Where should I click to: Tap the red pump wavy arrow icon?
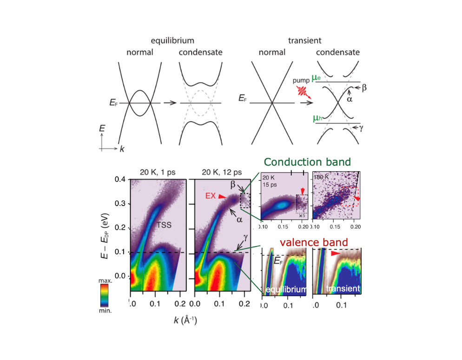pyautogui.click(x=303, y=91)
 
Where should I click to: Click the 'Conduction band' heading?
pyautogui.click(x=307, y=162)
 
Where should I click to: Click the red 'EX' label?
pyautogui.click(x=211, y=196)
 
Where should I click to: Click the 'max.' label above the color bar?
pyautogui.click(x=106, y=281)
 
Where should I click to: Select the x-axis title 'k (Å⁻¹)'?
pyautogui.click(x=184, y=320)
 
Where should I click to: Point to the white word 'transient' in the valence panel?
pyautogui.click(x=343, y=289)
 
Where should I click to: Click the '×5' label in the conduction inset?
pyautogui.click(x=302, y=216)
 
